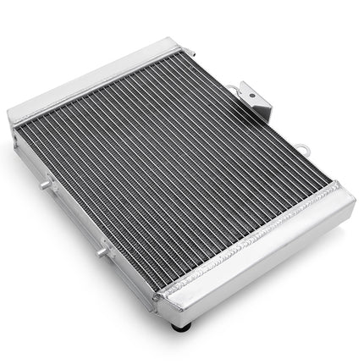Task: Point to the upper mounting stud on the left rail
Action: (43, 181)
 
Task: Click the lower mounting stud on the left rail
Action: (102, 251)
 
